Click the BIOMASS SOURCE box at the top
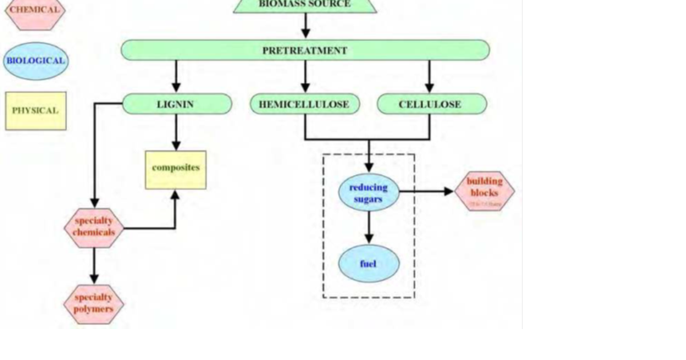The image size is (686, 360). coord(305,5)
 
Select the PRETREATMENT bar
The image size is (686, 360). coord(305,50)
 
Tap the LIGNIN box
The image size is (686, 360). coord(176,105)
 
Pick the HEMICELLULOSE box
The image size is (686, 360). coord(304,105)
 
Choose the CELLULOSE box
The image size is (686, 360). coord(431,105)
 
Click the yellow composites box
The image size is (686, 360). coord(175,169)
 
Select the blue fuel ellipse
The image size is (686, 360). coord(369,264)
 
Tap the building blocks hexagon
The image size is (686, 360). coord(484,191)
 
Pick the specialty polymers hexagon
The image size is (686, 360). coord(94,303)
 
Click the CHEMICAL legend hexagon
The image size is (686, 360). coord(34,11)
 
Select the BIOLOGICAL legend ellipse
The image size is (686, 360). coord(35,61)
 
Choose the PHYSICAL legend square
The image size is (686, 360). coord(35,111)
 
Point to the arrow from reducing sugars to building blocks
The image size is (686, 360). coord(426,192)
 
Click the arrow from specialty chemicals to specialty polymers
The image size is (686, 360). coord(94,266)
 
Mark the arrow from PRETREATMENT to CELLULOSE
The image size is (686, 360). coord(430,77)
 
